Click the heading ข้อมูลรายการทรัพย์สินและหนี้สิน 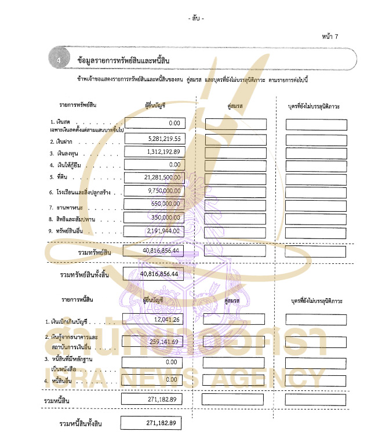[119, 60]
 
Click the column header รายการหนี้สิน [77, 299]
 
